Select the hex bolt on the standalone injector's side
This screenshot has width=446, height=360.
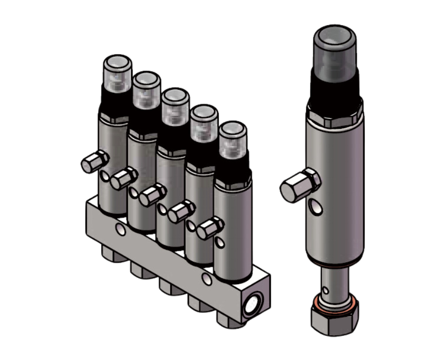300,186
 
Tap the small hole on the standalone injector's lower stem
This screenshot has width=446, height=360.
326,290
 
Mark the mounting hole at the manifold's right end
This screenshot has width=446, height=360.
207,279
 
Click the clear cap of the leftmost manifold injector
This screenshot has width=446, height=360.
117,73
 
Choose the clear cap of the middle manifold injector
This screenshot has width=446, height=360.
176,106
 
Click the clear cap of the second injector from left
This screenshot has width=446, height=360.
146,89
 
